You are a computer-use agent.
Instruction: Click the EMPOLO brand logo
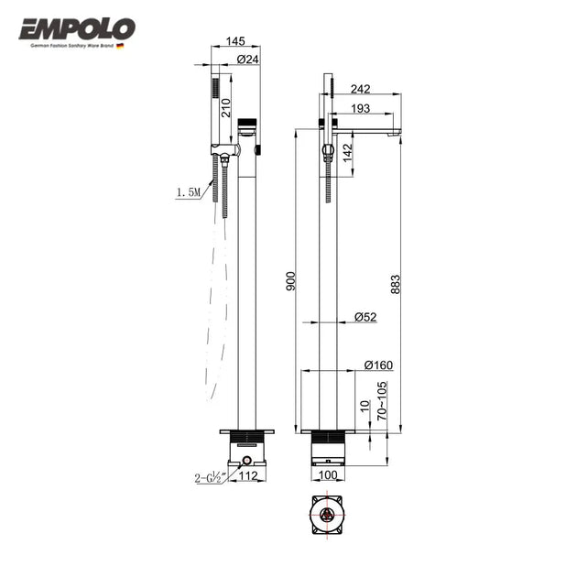77,29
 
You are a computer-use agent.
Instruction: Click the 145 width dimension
234,42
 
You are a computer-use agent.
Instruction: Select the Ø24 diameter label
247,60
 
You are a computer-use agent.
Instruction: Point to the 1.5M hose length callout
189,192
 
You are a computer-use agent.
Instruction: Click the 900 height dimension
291,281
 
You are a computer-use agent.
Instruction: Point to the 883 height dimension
396,284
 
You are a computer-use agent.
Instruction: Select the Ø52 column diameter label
365,317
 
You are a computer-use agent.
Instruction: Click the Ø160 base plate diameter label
377,365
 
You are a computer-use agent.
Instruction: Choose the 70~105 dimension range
381,401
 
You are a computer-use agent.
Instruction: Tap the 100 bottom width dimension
328,476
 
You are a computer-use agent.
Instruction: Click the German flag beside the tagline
120,45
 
